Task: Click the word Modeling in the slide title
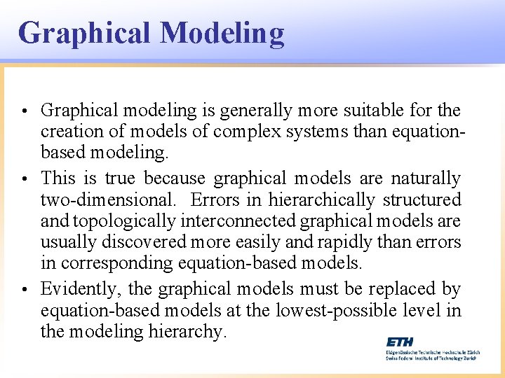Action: point(222,34)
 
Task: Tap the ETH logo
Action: point(400,342)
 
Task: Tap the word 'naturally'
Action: point(426,179)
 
